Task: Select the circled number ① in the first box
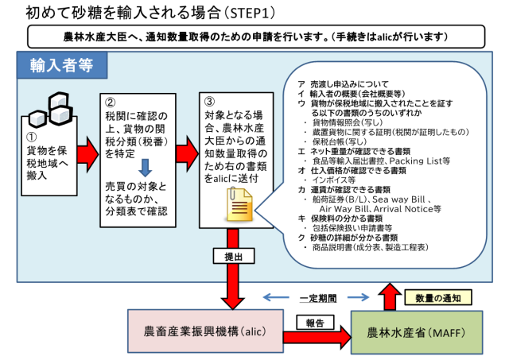click(x=33, y=135)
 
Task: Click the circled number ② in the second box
click(x=111, y=102)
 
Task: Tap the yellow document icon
click(x=239, y=206)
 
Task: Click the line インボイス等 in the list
click(x=334, y=180)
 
